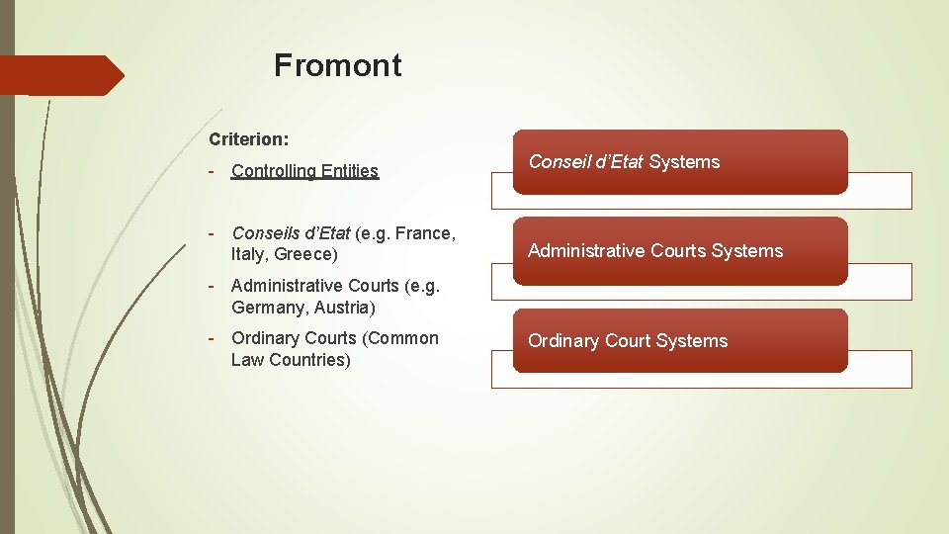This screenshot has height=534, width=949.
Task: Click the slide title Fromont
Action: tap(338, 65)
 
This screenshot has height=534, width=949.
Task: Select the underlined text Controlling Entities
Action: tap(304, 171)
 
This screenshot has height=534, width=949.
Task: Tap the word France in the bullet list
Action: tap(423, 233)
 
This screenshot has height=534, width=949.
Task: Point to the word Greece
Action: tap(305, 254)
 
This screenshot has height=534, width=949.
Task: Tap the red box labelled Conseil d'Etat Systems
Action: tap(679, 161)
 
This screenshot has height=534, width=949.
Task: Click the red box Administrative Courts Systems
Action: tap(679, 251)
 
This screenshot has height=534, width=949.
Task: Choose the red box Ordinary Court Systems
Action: tap(679, 340)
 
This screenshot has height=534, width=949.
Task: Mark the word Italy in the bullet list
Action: tap(248, 254)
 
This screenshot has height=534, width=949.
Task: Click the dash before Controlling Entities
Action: tap(213, 170)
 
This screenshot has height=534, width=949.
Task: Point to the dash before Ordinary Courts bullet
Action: tap(213, 338)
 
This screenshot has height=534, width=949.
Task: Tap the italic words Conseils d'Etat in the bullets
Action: tap(291, 233)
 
